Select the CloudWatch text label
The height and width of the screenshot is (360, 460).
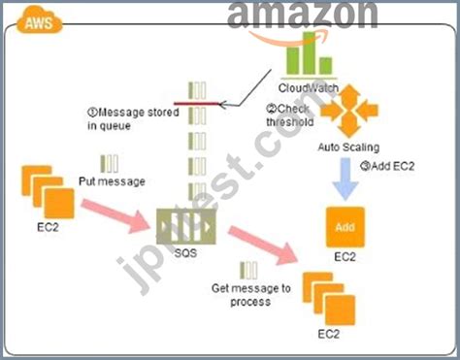[309, 87]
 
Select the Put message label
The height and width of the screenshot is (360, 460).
[111, 180]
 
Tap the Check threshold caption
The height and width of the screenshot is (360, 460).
[289, 115]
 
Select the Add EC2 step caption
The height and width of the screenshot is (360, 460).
[387, 165]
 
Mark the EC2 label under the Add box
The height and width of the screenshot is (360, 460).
[345, 259]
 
